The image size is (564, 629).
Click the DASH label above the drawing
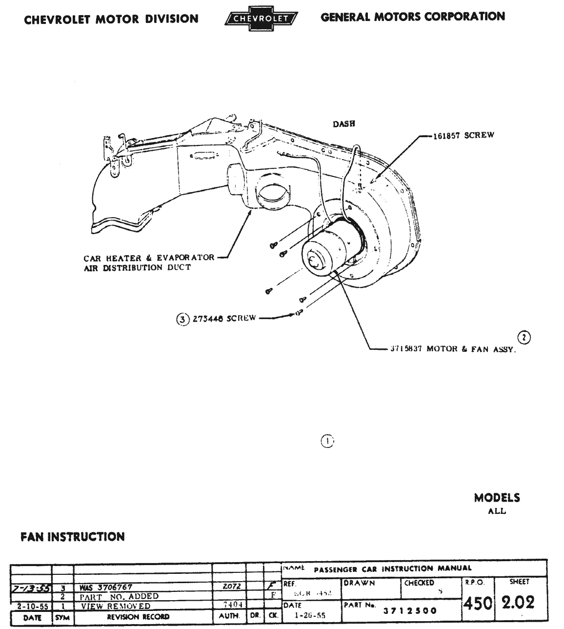(x=343, y=124)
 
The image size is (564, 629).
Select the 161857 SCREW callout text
(x=463, y=135)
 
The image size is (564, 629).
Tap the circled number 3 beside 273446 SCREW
(x=182, y=319)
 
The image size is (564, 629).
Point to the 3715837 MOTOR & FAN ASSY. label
(x=452, y=349)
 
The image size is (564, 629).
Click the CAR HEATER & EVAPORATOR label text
(x=149, y=258)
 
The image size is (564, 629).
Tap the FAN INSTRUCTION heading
(x=73, y=537)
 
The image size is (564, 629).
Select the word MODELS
(x=497, y=498)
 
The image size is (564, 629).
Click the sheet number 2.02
(x=518, y=602)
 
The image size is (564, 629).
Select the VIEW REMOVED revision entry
(x=116, y=606)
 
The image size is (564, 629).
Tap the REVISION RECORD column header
(x=138, y=617)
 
